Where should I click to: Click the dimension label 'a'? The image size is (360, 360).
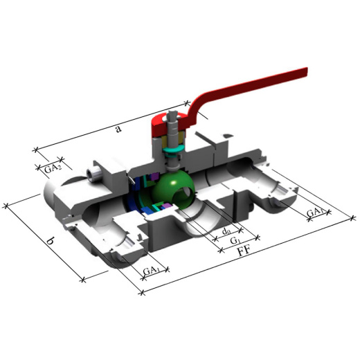(118, 129)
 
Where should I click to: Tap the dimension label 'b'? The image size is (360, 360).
(51, 242)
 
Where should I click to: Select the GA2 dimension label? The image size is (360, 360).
(53, 170)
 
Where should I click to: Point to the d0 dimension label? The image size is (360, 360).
(226, 231)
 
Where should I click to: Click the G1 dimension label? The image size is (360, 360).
(235, 241)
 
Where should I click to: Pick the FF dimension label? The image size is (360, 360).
(244, 251)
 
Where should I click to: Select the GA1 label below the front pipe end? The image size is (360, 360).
(152, 271)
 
